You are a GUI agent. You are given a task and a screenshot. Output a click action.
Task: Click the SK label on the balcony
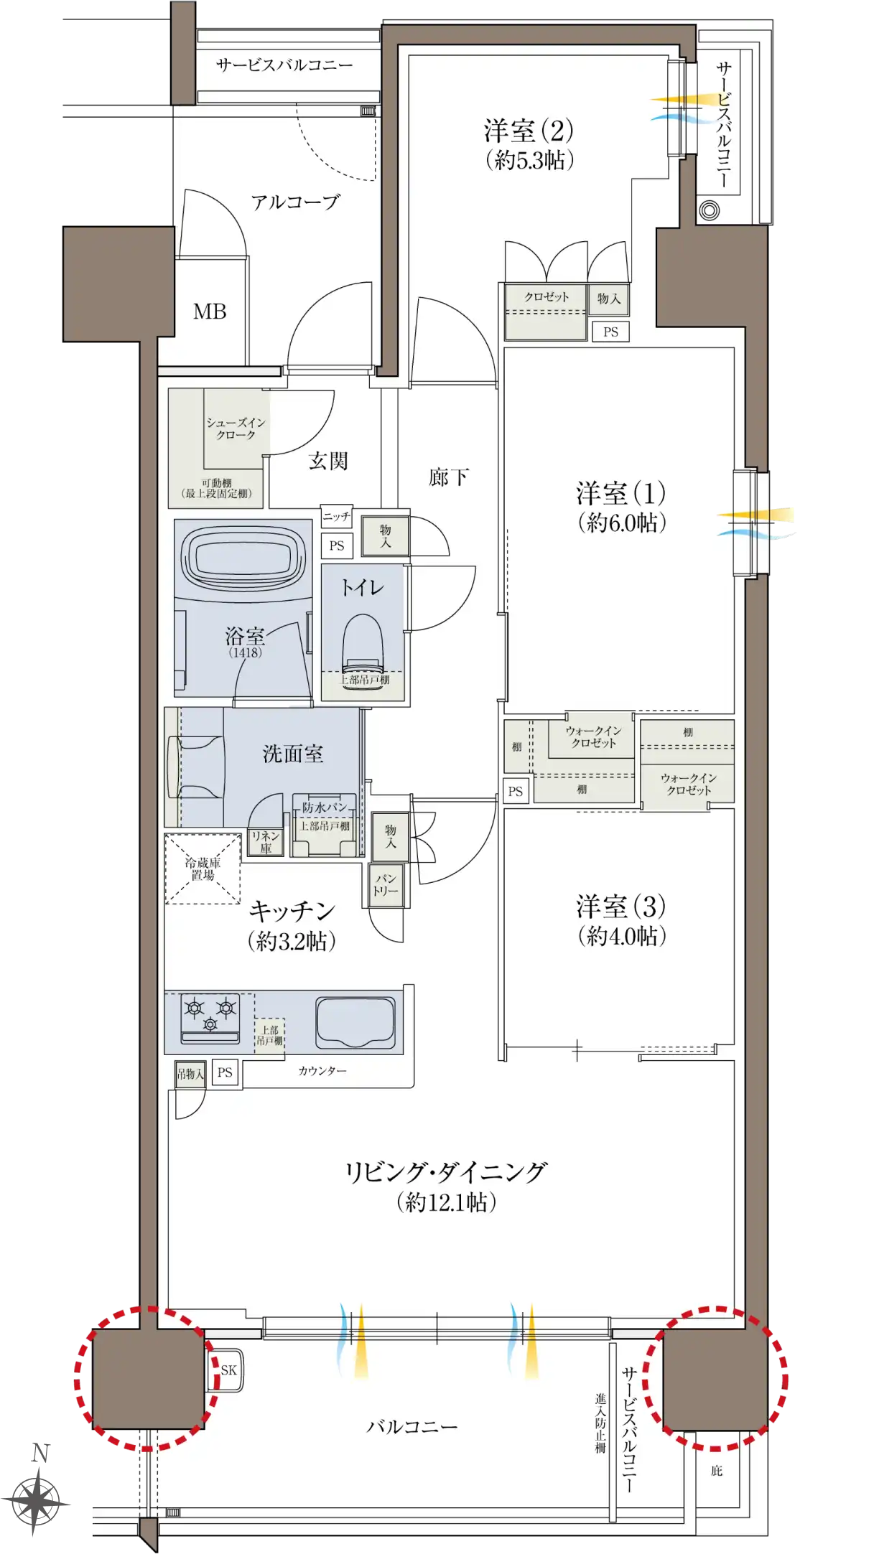click(x=228, y=1370)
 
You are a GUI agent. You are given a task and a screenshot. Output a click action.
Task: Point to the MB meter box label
click(x=210, y=312)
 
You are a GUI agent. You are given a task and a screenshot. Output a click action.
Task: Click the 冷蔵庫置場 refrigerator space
click(x=203, y=869)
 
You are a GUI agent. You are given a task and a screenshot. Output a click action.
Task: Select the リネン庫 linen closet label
click(x=265, y=841)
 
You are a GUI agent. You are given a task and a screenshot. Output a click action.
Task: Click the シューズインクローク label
click(x=236, y=429)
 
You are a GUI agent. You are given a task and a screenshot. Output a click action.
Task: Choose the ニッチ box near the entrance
click(x=336, y=516)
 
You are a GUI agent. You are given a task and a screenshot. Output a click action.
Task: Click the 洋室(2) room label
click(x=529, y=131)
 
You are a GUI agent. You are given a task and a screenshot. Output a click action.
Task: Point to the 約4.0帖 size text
click(x=622, y=936)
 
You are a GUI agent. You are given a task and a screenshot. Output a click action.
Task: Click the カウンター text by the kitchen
click(x=322, y=1071)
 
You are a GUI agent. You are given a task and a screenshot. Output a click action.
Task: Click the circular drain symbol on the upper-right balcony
click(x=710, y=211)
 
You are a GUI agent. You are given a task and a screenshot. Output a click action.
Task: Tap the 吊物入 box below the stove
click(x=190, y=1075)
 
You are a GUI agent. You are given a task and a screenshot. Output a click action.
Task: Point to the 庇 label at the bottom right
click(x=716, y=1471)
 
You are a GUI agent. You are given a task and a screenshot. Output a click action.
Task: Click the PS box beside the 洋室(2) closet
click(x=610, y=332)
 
